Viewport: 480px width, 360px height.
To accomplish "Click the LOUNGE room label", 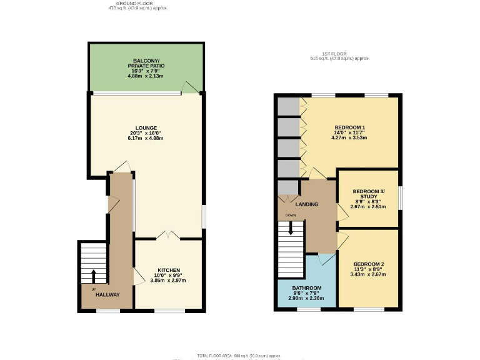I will pyautogui.click(x=145, y=128).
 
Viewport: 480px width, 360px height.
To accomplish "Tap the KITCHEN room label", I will pyautogui.click(x=168, y=271).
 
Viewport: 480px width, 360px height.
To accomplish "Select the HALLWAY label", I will pyautogui.click(x=107, y=295).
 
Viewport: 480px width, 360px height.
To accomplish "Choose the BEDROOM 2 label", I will pyautogui.click(x=368, y=264).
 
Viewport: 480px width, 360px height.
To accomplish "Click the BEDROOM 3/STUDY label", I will pyautogui.click(x=368, y=194).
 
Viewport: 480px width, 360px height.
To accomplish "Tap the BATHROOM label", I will pyautogui.click(x=306, y=289).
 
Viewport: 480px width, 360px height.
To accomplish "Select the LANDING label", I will pyautogui.click(x=307, y=204).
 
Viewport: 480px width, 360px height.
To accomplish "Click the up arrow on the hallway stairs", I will pyautogui.click(x=94, y=275).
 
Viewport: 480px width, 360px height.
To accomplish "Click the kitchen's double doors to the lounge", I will pyautogui.click(x=168, y=236).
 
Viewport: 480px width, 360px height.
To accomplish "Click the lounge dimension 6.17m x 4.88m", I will pyautogui.click(x=145, y=138).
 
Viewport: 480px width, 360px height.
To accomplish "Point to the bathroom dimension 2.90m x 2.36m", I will pyautogui.click(x=306, y=299).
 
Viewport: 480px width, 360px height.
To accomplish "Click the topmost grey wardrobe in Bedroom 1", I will pyautogui.click(x=288, y=106).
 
